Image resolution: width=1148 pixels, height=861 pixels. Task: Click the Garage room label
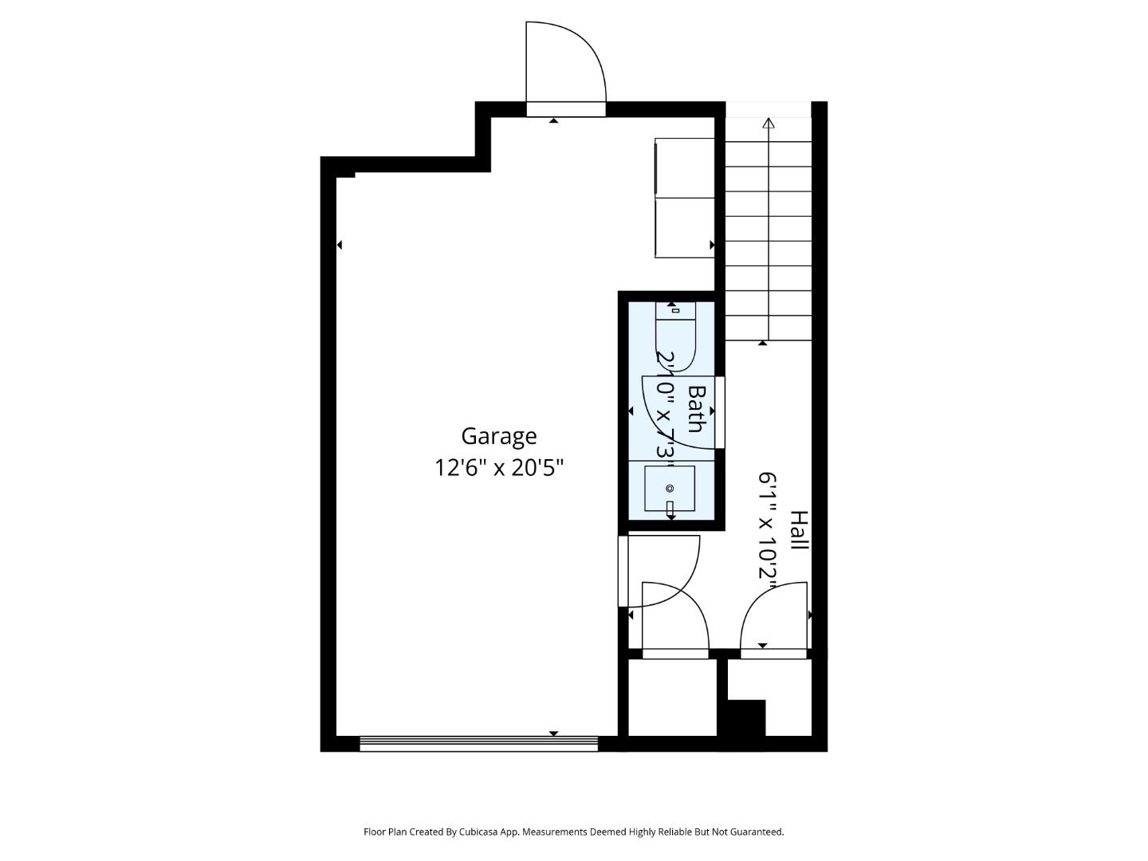[499, 436]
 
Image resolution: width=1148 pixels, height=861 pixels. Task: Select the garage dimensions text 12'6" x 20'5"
[499, 467]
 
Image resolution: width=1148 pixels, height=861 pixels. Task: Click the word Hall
[799, 530]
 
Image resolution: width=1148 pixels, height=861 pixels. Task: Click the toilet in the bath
[675, 335]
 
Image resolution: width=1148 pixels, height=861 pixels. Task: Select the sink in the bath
[670, 489]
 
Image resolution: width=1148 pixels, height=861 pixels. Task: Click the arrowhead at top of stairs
[769, 123]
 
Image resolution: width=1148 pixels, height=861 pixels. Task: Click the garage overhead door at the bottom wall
[478, 744]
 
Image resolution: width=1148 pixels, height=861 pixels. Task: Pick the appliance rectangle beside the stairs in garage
[684, 198]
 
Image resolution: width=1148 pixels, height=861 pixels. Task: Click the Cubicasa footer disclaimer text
[574, 832]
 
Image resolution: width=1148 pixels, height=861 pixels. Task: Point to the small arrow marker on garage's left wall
[340, 245]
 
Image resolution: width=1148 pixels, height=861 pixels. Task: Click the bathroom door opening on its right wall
[720, 412]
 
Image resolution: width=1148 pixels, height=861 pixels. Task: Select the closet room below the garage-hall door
[672, 698]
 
